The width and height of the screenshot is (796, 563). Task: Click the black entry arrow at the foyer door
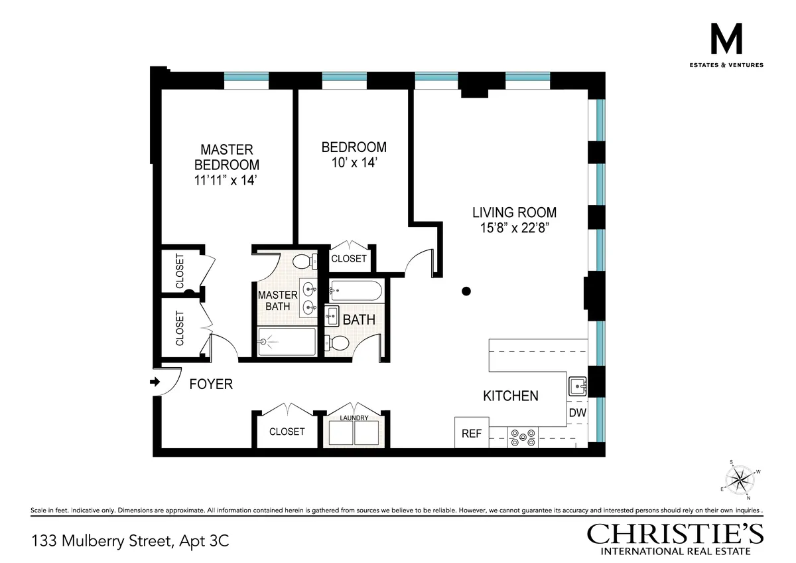point(155,382)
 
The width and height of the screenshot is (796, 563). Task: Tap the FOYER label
point(211,384)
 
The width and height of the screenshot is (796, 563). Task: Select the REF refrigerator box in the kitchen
point(471,434)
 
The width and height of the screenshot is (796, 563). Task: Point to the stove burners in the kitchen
point(523,437)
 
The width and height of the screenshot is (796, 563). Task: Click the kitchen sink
point(576,386)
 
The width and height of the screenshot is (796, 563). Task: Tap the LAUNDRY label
point(354,418)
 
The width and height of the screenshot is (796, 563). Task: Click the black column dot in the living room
point(466,290)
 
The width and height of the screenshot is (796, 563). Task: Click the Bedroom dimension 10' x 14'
point(354,162)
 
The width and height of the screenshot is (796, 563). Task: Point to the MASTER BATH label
point(274,300)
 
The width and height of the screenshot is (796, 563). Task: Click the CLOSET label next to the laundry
point(287,432)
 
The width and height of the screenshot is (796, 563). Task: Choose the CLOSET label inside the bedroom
point(348,258)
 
